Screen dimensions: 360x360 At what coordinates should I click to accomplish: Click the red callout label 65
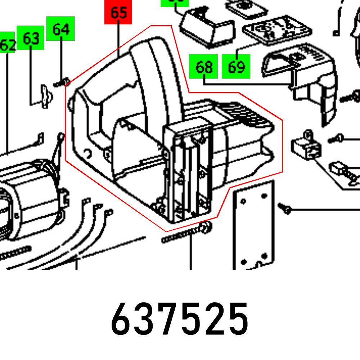coord(118,12)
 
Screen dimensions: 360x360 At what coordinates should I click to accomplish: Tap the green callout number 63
coord(31,37)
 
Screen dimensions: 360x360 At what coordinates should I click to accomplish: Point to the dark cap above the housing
coord(205,27)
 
